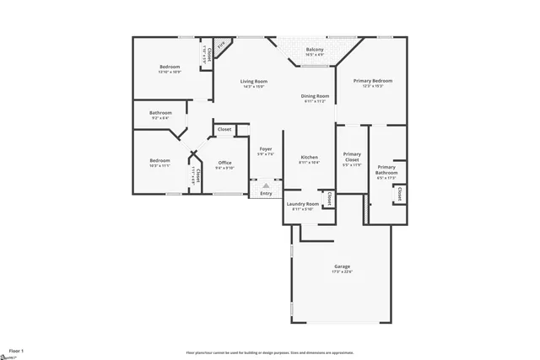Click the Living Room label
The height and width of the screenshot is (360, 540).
click(x=254, y=82)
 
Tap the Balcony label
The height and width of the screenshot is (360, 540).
click(x=315, y=50)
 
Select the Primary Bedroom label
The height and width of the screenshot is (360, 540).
click(x=377, y=81)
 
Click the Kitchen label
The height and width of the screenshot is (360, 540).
click(x=310, y=158)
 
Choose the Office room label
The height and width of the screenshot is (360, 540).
click(x=224, y=163)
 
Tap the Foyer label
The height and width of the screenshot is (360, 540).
click(x=266, y=150)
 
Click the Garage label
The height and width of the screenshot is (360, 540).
click(x=342, y=266)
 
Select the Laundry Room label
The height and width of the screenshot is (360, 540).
click(x=302, y=204)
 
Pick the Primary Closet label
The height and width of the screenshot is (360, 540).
click(x=352, y=157)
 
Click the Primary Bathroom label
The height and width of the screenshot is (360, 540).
click(x=386, y=170)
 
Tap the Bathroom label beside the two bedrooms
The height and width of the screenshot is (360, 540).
click(x=160, y=113)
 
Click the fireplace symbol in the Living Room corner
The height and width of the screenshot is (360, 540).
click(x=222, y=45)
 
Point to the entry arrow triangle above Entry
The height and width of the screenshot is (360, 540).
click(x=266, y=185)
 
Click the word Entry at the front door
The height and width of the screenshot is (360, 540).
click(x=266, y=194)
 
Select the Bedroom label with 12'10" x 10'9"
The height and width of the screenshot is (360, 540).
click(x=170, y=67)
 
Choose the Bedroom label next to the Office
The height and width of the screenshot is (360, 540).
click(x=160, y=161)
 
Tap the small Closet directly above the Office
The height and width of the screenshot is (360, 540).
click(x=224, y=130)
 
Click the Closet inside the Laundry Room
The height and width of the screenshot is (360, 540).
click(x=329, y=199)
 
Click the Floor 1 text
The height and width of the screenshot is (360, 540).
click(x=16, y=349)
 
